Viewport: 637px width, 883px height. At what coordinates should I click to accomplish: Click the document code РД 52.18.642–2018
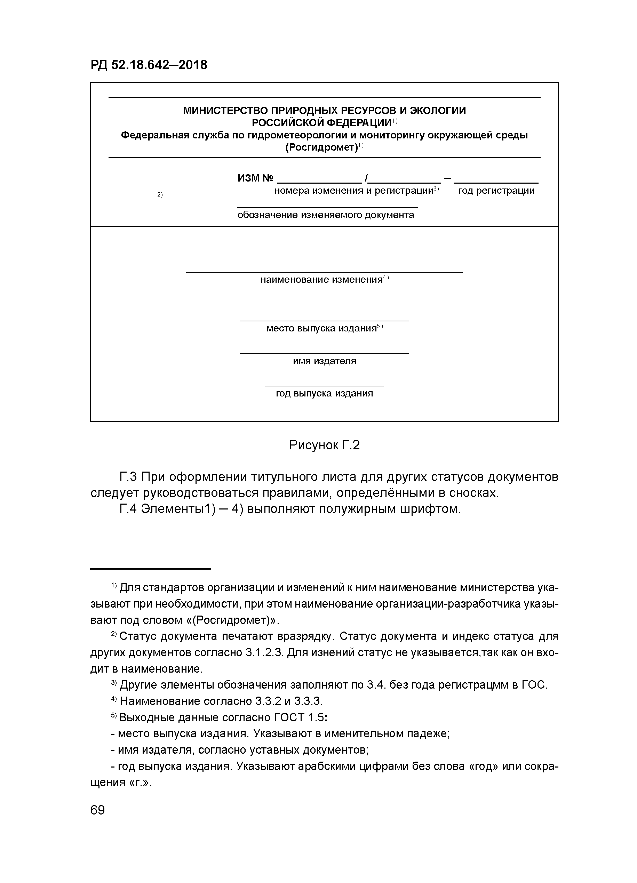pyautogui.click(x=149, y=65)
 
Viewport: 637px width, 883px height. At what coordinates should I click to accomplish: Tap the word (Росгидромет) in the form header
pyautogui.click(x=321, y=147)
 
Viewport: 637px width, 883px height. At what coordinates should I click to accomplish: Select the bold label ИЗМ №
pyautogui.click(x=255, y=178)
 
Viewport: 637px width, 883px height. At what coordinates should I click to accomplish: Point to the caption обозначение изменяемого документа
pyautogui.click(x=326, y=215)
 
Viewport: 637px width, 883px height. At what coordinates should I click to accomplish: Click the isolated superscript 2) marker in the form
pyautogui.click(x=160, y=195)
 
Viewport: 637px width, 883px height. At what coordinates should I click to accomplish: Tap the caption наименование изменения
pyautogui.click(x=321, y=280)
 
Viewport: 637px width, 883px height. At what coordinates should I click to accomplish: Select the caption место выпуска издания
pyautogui.click(x=321, y=328)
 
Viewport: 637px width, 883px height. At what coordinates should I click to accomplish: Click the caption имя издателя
pyautogui.click(x=324, y=361)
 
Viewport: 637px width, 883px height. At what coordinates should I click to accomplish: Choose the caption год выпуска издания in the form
pyautogui.click(x=324, y=393)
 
